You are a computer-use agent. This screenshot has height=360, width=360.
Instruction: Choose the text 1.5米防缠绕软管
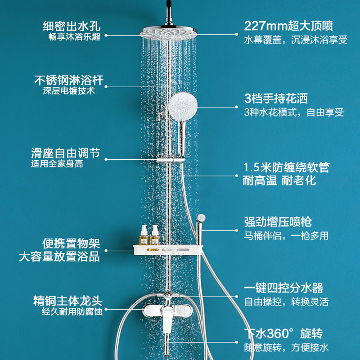(x=286, y=167)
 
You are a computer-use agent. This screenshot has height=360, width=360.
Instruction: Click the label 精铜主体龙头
(x=68, y=300)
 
